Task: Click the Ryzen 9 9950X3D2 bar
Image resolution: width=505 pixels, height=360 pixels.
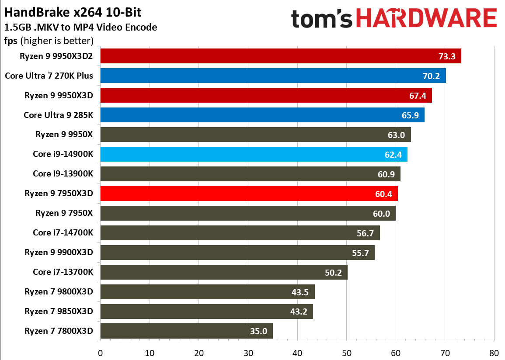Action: pyautogui.click(x=280, y=56)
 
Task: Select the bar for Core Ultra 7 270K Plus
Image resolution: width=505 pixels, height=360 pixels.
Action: pyautogui.click(x=273, y=76)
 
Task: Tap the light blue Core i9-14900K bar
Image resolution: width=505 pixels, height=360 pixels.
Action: pyautogui.click(x=254, y=154)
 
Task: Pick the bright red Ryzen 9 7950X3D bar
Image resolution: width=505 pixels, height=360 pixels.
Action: pyautogui.click(x=249, y=194)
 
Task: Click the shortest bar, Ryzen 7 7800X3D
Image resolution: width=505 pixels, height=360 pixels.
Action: pyautogui.click(x=186, y=331)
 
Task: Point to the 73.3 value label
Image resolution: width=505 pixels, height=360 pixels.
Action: pyautogui.click(x=447, y=56)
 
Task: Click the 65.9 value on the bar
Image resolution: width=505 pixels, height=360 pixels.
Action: pyautogui.click(x=410, y=115)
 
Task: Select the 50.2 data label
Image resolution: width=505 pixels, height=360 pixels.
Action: pyautogui.click(x=333, y=273)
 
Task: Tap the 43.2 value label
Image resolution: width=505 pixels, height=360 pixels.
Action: pyautogui.click(x=299, y=312)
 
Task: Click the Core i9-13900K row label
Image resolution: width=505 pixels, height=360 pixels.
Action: pyautogui.click(x=63, y=174)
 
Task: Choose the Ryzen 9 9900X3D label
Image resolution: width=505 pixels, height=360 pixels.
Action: pyautogui.click(x=59, y=253)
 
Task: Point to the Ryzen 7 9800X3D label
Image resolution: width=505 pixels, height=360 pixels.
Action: pyautogui.click(x=59, y=292)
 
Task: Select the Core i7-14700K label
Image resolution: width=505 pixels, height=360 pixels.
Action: pyautogui.click(x=63, y=233)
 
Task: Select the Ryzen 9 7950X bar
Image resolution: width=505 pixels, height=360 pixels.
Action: pyautogui.click(x=248, y=213)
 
